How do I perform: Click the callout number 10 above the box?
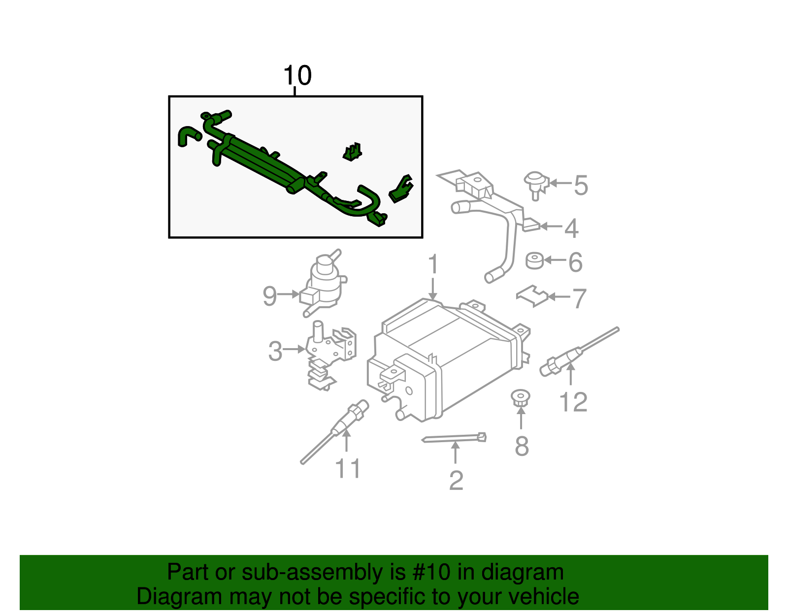tap(297, 76)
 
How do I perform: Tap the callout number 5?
tap(581, 186)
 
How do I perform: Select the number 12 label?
tap(574, 402)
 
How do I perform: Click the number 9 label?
tap(269, 296)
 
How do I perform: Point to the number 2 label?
tap(456, 481)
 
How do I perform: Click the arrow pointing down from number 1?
tap(432, 289)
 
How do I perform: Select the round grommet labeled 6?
tap(534, 261)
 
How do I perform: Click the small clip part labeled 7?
tap(532, 295)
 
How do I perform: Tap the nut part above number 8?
tap(520, 397)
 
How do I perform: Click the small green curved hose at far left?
tap(187, 135)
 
